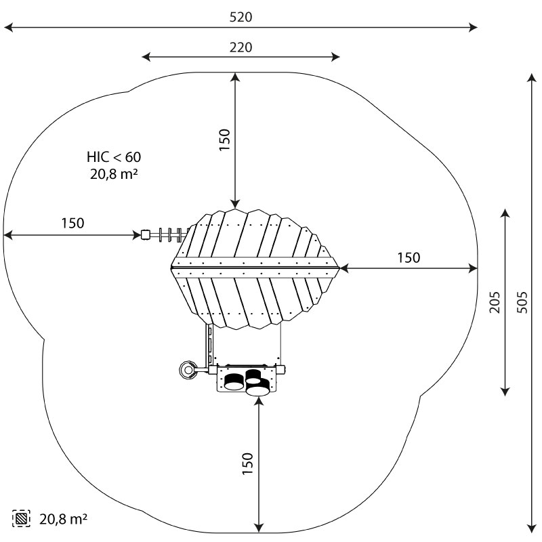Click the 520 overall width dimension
point(241,17)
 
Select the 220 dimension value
point(241,47)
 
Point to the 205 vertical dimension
point(495,302)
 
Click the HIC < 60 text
point(114,157)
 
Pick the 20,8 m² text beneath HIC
point(114,174)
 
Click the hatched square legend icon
point(21,518)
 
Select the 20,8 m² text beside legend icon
point(63,519)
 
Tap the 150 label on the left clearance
point(72,224)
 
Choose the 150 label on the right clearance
point(409,257)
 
